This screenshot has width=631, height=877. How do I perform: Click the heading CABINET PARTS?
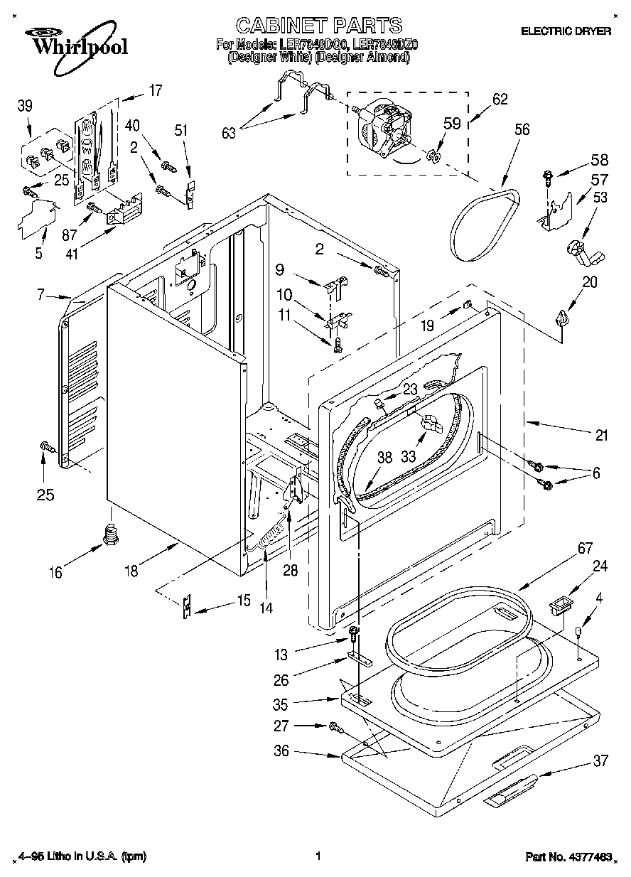point(318,26)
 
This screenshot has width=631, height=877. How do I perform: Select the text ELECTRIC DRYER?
point(566,31)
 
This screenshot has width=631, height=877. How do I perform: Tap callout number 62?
point(500,100)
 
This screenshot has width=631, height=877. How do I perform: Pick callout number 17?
point(154,91)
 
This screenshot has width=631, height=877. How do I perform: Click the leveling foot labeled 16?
point(109,534)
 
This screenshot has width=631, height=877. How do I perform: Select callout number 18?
point(131,571)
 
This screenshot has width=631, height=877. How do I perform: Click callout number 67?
point(564,549)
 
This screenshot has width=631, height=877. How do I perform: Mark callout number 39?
point(25,107)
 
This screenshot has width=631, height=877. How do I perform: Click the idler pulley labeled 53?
point(580,250)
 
